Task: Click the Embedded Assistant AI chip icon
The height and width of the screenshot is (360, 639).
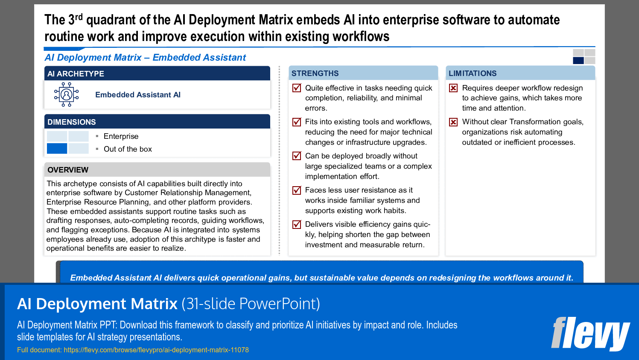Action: (x=67, y=94)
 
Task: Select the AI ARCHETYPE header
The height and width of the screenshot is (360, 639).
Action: (x=76, y=73)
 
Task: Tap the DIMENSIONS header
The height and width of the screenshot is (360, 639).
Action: (x=72, y=122)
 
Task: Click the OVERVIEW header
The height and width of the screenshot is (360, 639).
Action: (x=68, y=170)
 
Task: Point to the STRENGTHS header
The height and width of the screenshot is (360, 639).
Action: (x=315, y=73)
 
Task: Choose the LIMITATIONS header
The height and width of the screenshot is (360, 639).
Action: (x=473, y=73)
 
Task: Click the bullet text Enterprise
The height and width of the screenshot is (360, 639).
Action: (x=121, y=136)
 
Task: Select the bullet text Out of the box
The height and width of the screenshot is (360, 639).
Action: (x=128, y=149)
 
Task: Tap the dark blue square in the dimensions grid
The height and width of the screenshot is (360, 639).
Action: (x=57, y=149)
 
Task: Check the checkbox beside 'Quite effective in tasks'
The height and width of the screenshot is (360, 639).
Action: (x=297, y=88)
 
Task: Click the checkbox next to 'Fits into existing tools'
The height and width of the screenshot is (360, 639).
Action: (x=297, y=122)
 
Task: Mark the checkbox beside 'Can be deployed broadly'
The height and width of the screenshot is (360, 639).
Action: (x=297, y=156)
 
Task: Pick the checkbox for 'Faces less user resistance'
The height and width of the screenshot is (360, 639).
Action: (x=297, y=190)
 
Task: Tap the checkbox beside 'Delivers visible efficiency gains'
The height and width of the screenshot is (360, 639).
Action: (x=297, y=224)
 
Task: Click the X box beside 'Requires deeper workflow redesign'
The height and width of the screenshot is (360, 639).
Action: (x=453, y=88)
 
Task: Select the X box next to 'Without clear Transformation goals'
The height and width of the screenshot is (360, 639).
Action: (x=453, y=122)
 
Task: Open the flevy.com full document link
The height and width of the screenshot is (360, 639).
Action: (x=156, y=350)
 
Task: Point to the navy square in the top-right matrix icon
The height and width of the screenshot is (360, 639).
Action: (x=578, y=60)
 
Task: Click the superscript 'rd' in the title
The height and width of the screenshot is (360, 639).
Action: (x=79, y=17)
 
